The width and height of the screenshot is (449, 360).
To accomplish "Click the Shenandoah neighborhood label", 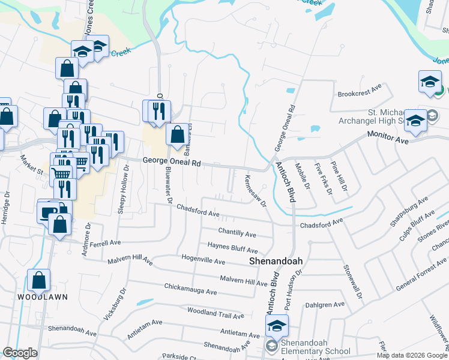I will tap(276, 262).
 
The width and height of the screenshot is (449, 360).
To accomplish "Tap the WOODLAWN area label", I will tap(42, 297).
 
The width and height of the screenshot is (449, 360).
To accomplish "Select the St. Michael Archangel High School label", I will tap(384, 118).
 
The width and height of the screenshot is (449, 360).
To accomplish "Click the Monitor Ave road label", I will tap(388, 138).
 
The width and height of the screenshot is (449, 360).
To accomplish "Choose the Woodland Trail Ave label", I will tap(215, 313).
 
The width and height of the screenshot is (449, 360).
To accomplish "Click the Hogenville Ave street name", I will tap(203, 262).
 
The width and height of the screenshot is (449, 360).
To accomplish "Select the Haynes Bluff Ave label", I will tap(232, 247).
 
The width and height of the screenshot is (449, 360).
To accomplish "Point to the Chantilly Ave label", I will tap(237, 232).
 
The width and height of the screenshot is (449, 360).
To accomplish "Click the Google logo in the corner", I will tap(20, 353).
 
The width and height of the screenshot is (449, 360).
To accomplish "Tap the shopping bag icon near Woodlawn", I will tap(39, 280).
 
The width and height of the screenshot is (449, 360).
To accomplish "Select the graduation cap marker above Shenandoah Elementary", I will tap(277, 327).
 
